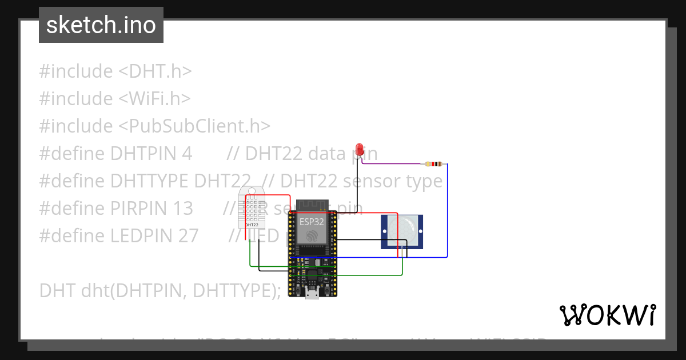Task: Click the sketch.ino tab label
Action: point(101,25)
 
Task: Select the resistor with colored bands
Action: point(434,165)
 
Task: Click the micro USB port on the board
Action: point(312,294)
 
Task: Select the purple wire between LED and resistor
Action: point(394,164)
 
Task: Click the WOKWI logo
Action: point(607,315)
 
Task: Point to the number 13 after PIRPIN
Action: point(183,208)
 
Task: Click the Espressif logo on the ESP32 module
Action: point(312,236)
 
